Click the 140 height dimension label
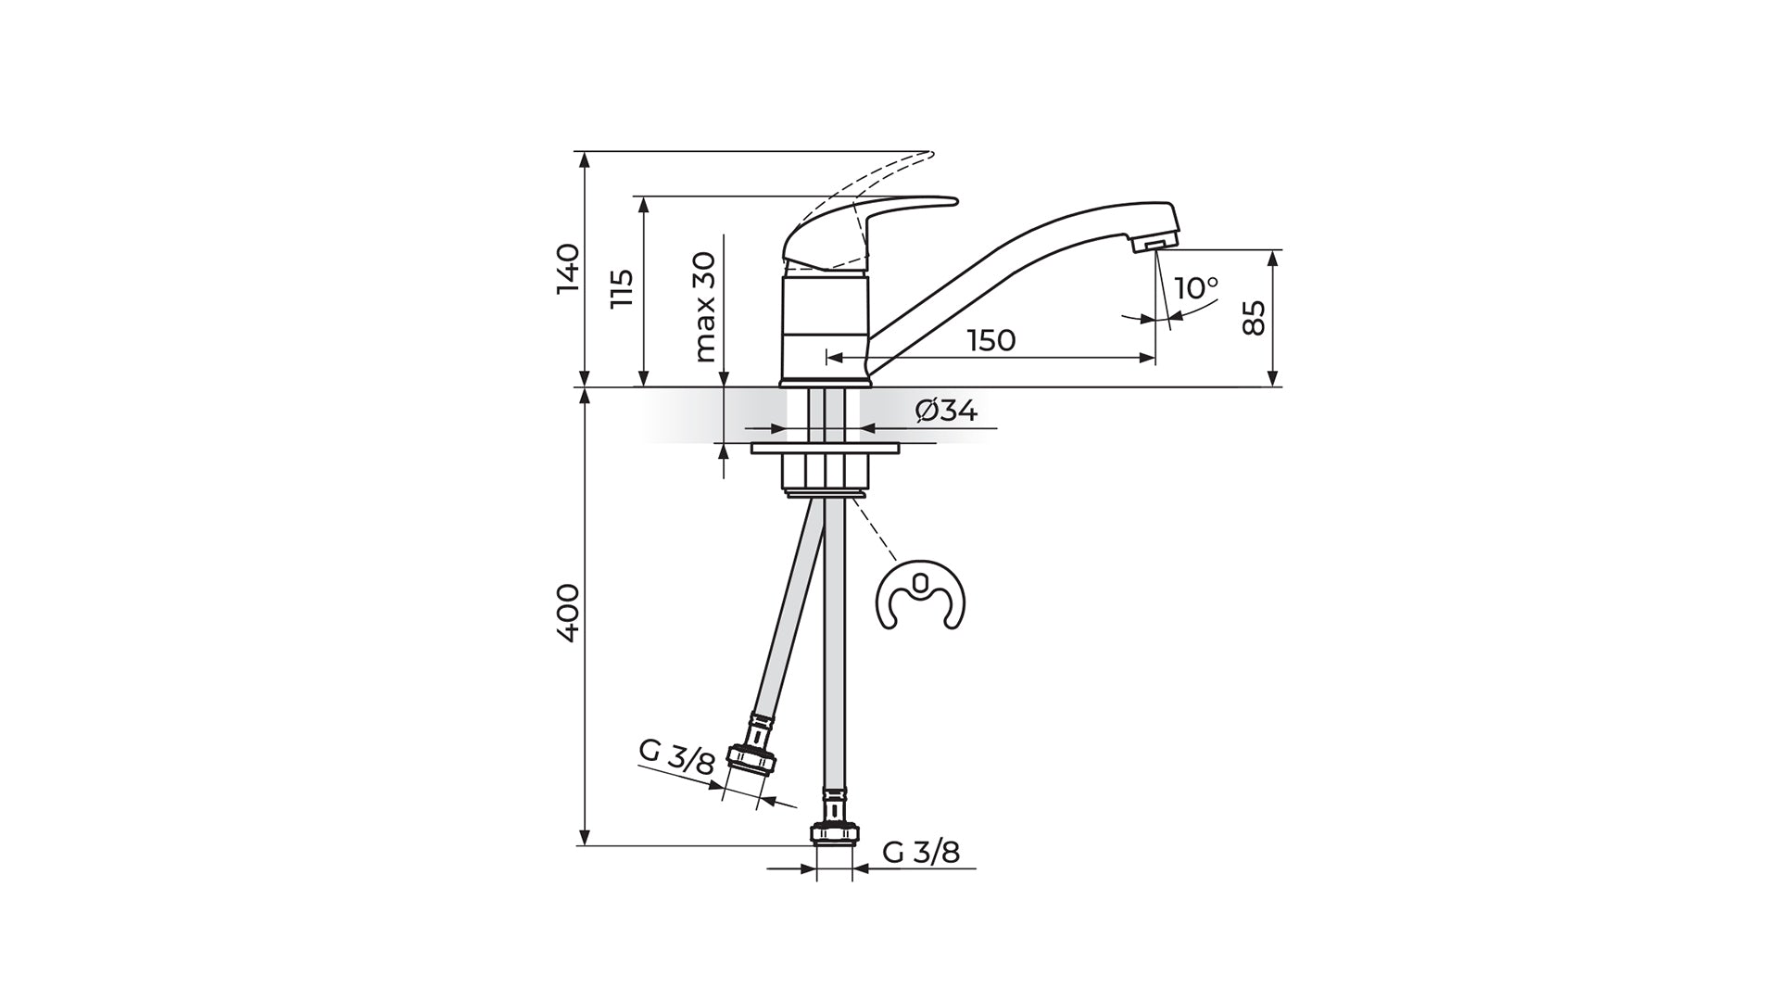567,269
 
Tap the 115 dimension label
622,289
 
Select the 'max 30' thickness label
705,307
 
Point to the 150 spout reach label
991,340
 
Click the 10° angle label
1196,288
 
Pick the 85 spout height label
1253,318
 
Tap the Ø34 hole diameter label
946,410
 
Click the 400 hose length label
567,612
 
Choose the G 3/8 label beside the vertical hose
921,852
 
